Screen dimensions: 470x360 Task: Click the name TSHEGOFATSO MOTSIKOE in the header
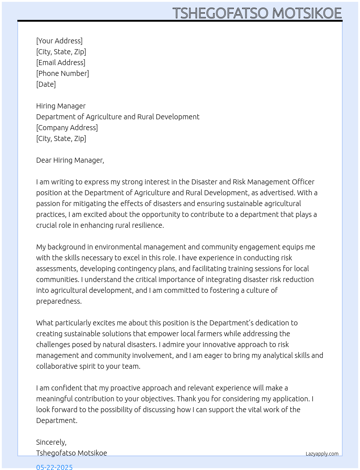coord(257,13)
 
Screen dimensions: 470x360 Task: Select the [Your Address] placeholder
coord(59,41)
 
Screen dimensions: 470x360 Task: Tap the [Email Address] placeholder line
coord(61,63)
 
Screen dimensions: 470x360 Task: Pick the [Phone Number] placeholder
coord(63,73)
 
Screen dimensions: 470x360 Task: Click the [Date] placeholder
coord(46,84)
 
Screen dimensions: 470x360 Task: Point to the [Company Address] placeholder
coord(67,128)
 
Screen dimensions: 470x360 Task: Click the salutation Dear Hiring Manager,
coord(70,160)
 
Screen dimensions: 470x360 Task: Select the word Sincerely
coord(51,442)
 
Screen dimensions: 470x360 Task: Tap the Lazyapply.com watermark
coord(322,454)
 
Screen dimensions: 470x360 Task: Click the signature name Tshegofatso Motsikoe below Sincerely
coord(72,453)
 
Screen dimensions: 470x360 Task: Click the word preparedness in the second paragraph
coord(59,301)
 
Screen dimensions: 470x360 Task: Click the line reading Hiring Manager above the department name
coord(61,106)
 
